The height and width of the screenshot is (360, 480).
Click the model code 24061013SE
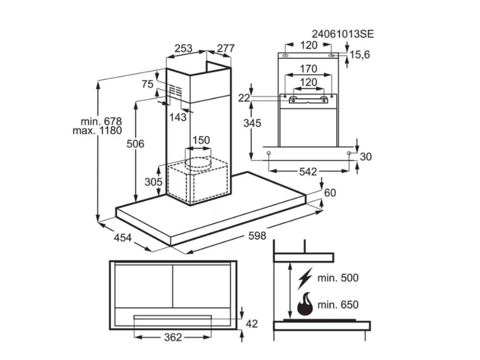343,34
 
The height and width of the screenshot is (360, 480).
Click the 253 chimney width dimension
183,48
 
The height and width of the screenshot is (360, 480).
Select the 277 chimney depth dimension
225,48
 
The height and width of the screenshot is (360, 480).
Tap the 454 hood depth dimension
122,238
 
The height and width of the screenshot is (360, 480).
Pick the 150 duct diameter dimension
201,140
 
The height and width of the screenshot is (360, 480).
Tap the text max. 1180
97,131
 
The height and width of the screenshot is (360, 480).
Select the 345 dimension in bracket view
252,123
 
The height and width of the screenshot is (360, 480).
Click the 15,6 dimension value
360,55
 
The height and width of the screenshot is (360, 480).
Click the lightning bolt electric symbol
304,278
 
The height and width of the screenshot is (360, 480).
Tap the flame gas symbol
305,304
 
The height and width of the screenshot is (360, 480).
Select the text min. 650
337,305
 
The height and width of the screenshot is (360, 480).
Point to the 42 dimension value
252,323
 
